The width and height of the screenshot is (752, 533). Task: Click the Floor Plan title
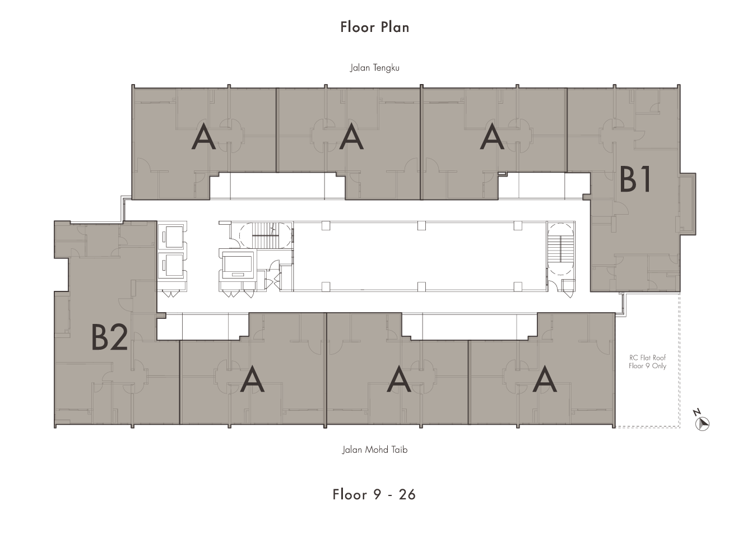pyautogui.click(x=375, y=27)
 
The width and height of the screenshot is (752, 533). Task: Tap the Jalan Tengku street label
pyautogui.click(x=375, y=68)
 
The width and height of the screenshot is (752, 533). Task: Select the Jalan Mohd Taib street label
pyautogui.click(x=375, y=449)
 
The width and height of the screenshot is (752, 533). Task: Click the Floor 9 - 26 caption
pyautogui.click(x=374, y=494)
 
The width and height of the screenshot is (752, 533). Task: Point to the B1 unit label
pyautogui.click(x=635, y=180)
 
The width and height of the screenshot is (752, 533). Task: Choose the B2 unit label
pyautogui.click(x=109, y=337)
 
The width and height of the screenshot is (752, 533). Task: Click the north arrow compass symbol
pyautogui.click(x=702, y=421)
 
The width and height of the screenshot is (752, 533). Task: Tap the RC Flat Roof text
pyautogui.click(x=648, y=358)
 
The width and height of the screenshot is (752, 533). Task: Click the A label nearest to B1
pyautogui.click(x=492, y=136)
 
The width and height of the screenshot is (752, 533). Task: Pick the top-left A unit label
pyautogui.click(x=203, y=136)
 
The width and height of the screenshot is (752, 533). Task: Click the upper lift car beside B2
pyautogui.click(x=172, y=237)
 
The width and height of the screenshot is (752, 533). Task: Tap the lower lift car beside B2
pyautogui.click(x=172, y=265)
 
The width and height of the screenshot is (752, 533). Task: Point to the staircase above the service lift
pyautogui.click(x=265, y=235)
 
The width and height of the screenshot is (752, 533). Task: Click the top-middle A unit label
pyautogui.click(x=351, y=136)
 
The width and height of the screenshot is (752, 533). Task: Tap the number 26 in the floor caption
pyautogui.click(x=407, y=495)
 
